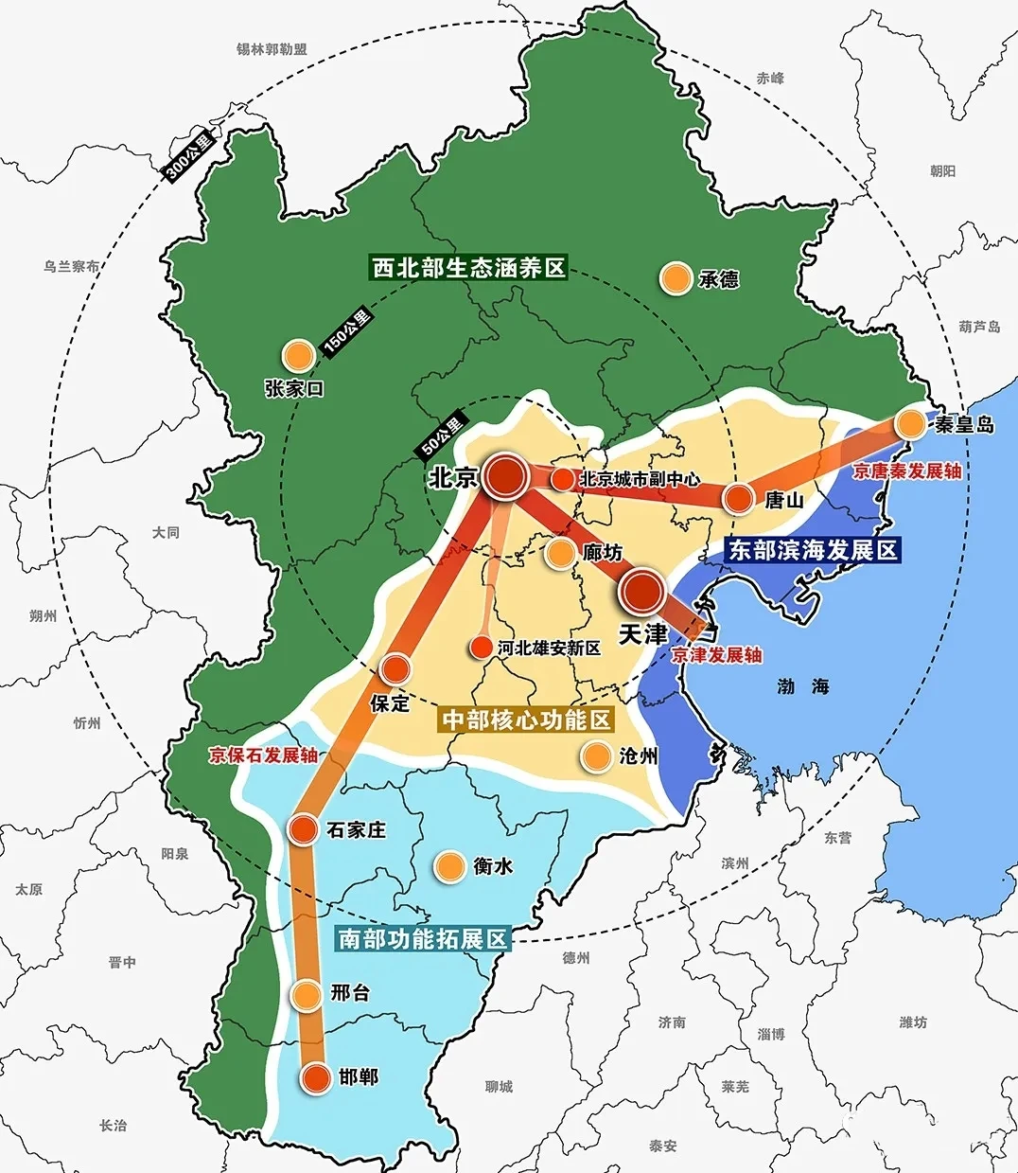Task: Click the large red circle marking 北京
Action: click(x=506, y=476)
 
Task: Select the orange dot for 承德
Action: click(x=676, y=278)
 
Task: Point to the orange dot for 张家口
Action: click(x=299, y=355)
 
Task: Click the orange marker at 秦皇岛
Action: click(x=911, y=423)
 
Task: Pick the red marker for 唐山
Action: click(x=738, y=499)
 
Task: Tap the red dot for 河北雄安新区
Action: click(x=482, y=649)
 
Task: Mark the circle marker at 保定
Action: click(x=395, y=669)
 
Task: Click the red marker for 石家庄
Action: click(x=303, y=829)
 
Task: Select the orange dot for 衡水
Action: click(x=449, y=865)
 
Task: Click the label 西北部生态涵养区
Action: click(x=468, y=268)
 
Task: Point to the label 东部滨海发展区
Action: click(x=812, y=550)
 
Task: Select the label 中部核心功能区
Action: click(x=526, y=720)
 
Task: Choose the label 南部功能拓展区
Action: click(x=423, y=938)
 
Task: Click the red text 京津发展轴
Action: click(x=716, y=655)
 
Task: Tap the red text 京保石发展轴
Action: click(x=263, y=755)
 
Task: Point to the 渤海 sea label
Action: click(x=803, y=686)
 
